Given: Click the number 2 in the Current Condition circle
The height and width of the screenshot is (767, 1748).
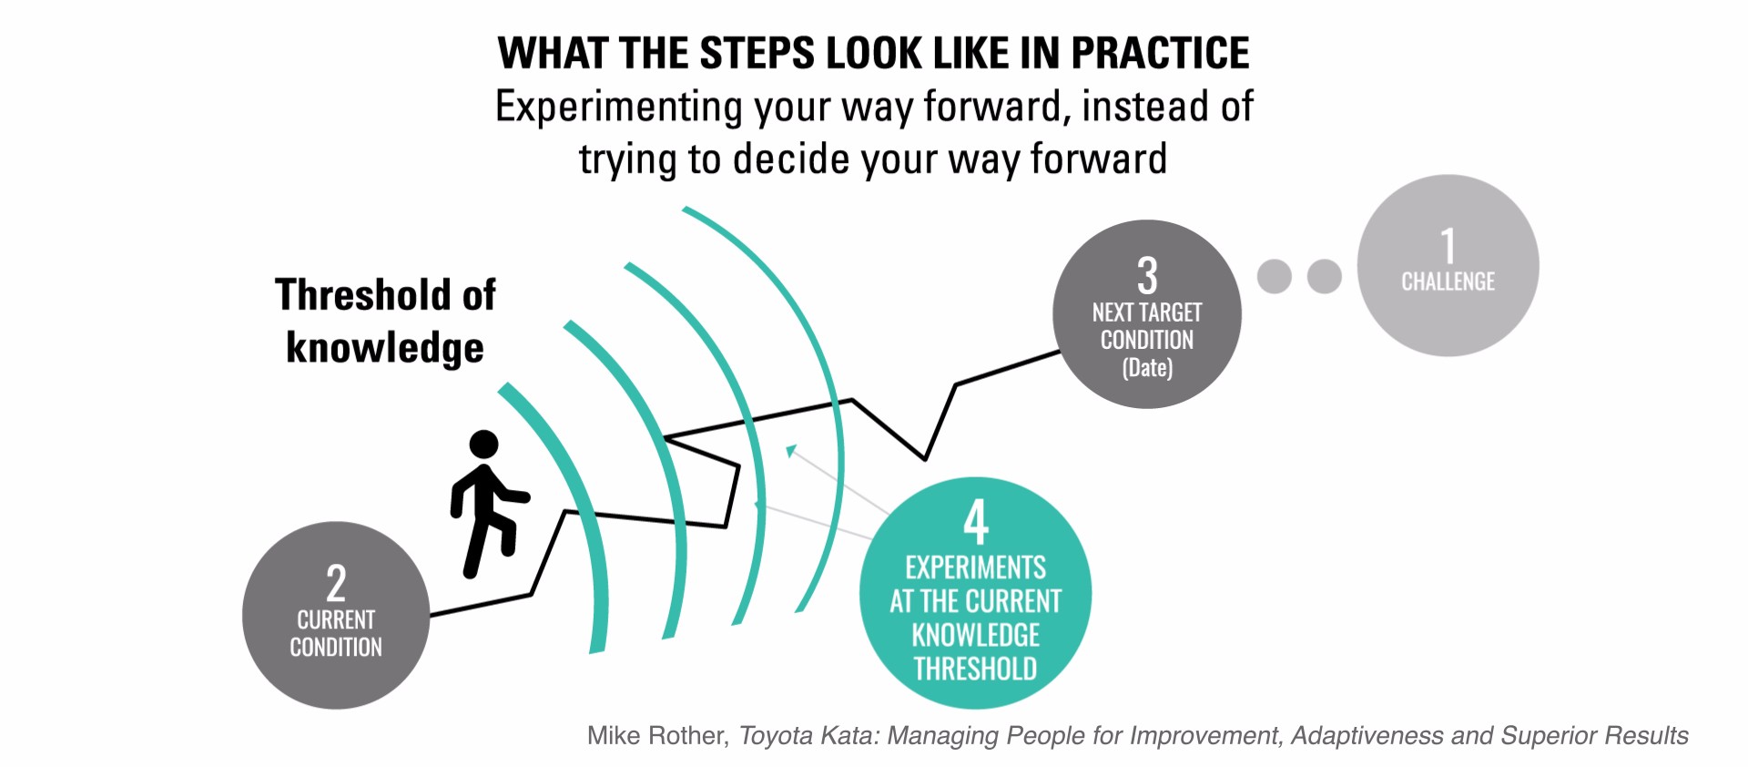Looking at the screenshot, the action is point(336,583).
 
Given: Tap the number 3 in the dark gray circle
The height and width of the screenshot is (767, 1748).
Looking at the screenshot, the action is point(1147,275).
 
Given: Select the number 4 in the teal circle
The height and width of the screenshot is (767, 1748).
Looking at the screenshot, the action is point(976,522).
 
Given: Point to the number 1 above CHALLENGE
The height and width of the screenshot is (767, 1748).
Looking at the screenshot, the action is point(1448,246).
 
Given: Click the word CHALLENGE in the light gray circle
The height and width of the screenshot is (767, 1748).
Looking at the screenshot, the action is point(1448,281).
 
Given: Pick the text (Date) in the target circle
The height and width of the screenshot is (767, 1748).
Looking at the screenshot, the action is point(1147,368).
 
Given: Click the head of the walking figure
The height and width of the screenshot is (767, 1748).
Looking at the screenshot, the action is point(483,445).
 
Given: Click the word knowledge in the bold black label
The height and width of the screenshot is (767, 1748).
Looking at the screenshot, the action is point(385,348).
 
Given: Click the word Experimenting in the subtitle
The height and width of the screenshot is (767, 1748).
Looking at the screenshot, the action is point(619,107).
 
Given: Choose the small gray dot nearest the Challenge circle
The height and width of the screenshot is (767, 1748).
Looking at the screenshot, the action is point(1325,276).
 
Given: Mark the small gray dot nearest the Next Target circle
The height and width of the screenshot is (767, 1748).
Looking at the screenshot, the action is point(1275,276).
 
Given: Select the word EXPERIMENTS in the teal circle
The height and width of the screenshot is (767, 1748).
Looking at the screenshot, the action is point(976,568).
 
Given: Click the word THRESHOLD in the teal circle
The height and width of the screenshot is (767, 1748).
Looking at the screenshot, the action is point(976,669).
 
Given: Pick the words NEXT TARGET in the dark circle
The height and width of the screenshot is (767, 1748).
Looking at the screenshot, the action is point(1147,312).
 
